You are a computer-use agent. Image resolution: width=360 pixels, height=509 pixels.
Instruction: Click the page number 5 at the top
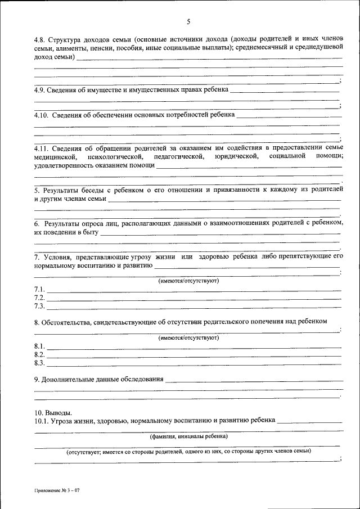[189, 22]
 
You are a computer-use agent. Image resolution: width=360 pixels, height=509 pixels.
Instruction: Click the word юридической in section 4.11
[236, 156]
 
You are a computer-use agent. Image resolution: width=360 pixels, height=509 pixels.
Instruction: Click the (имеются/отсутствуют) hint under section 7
[188, 280]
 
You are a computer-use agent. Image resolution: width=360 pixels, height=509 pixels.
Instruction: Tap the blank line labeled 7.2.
[193, 298]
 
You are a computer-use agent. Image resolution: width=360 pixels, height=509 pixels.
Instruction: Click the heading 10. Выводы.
[53, 412]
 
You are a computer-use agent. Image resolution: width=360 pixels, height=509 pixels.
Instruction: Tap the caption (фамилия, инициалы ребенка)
[188, 436]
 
